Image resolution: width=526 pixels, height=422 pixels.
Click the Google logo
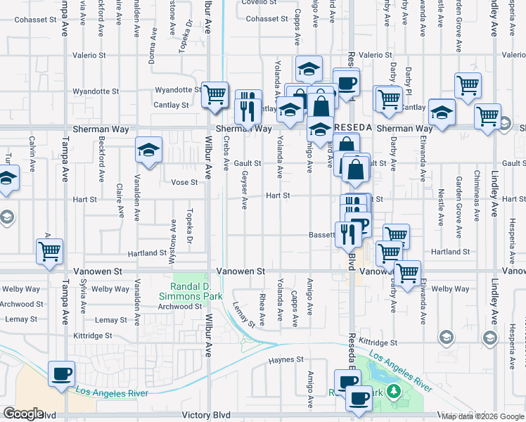pyautogui.click(x=23, y=414)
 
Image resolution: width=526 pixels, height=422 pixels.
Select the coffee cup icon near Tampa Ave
pyautogui.click(x=61, y=373)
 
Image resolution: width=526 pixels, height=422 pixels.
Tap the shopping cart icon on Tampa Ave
pyautogui.click(x=49, y=251)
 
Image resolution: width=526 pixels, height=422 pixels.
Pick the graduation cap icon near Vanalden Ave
pyautogui.click(x=148, y=149)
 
